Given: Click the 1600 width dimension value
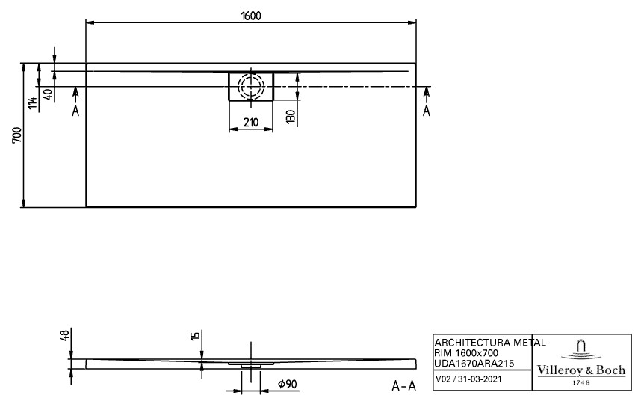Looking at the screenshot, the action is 250,16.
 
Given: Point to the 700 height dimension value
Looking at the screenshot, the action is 17,135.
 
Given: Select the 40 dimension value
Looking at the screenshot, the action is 48,94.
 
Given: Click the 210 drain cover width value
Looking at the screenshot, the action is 251,123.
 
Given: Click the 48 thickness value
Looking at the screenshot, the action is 64,336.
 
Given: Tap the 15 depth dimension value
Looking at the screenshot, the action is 196,336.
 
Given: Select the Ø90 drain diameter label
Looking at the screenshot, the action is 287,384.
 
